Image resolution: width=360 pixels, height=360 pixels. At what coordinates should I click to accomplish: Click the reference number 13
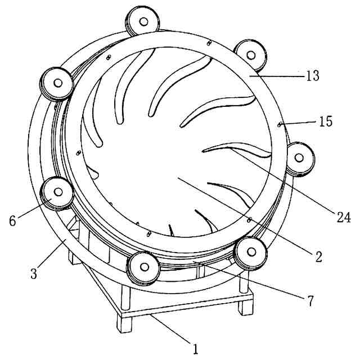click(x=313, y=75)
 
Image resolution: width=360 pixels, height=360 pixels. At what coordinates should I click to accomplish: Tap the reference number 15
click(x=326, y=121)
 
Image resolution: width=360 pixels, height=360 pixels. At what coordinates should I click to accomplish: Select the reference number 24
click(x=344, y=217)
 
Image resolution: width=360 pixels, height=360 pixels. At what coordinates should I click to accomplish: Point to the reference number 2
click(x=318, y=256)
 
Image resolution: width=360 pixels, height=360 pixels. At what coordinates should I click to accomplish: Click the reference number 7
click(x=310, y=301)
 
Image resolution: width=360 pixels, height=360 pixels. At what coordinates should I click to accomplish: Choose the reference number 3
click(x=34, y=273)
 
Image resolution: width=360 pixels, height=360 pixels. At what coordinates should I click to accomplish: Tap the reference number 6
click(x=12, y=220)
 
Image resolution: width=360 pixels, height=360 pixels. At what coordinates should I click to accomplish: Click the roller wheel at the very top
click(x=142, y=21)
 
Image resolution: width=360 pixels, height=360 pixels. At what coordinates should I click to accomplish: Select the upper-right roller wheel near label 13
click(x=250, y=56)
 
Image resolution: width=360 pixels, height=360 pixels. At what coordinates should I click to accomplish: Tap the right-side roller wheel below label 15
click(x=299, y=159)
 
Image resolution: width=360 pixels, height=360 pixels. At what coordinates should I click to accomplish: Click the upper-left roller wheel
click(x=57, y=84)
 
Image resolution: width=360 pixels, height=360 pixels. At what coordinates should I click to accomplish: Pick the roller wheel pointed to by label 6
click(x=57, y=193)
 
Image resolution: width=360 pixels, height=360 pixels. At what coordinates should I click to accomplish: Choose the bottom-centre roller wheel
click(x=143, y=268)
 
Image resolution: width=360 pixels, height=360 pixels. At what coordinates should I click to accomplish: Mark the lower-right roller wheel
click(x=250, y=254)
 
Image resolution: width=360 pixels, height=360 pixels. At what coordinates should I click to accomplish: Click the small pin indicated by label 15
click(x=280, y=124)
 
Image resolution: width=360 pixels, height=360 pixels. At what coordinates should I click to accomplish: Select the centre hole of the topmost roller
click(x=144, y=21)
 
